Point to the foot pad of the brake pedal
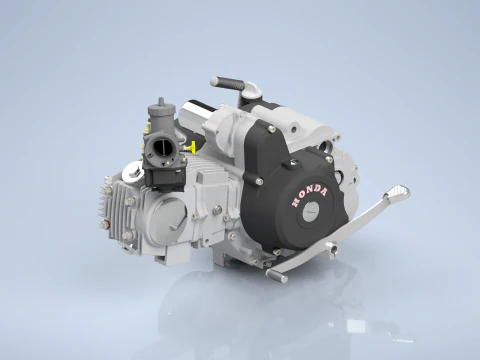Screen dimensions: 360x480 point(398,190)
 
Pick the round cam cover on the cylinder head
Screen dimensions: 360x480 point(163,214)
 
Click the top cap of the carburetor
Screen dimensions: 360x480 point(157,104)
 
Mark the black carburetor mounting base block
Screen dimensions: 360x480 point(166,177)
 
